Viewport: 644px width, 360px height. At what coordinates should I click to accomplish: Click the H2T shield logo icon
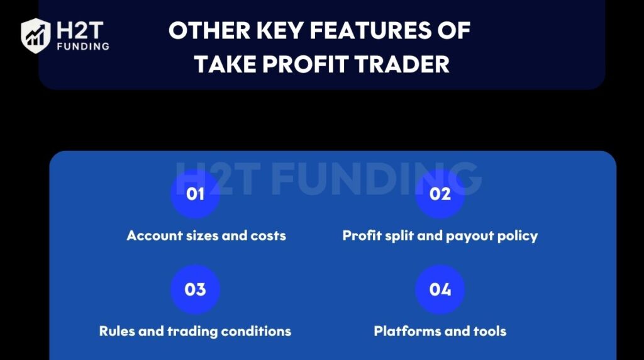(x=35, y=35)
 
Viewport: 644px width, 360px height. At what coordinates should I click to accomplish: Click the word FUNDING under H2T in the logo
(x=82, y=46)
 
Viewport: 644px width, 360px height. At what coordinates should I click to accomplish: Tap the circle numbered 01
(x=195, y=194)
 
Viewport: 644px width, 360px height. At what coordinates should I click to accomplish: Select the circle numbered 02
(x=440, y=194)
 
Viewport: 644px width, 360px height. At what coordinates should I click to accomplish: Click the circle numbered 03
(x=195, y=290)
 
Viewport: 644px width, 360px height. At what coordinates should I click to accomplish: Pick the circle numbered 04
(x=440, y=290)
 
